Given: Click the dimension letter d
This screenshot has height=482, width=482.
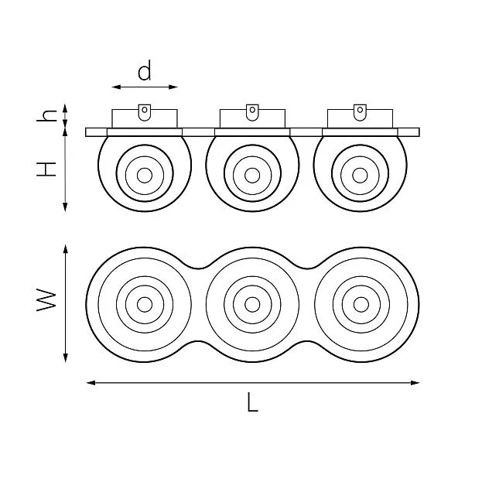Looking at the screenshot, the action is coord(145,70).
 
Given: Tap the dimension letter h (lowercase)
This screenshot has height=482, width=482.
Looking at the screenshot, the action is coord(46,115).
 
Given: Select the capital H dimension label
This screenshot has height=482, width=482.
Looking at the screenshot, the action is coord(46,169).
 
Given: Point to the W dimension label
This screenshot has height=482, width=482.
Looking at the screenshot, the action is coord(46,299).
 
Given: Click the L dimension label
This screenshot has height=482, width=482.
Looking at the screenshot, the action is coord(252,402).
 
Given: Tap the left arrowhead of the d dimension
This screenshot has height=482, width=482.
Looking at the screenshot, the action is coord(116,87).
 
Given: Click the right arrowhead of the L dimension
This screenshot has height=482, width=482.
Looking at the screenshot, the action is coord(415,383).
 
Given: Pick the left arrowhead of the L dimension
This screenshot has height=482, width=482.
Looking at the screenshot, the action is coord(91,383).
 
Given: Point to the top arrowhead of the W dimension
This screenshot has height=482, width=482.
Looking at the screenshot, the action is coord(65,249).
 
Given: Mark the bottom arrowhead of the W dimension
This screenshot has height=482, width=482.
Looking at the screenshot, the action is coord(65,357).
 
